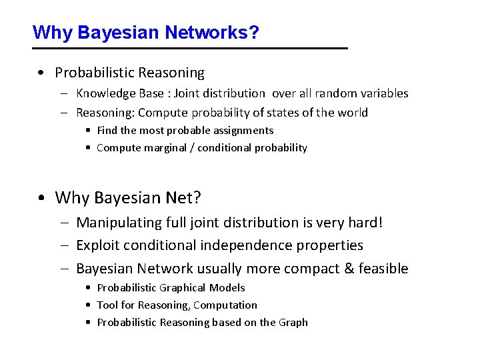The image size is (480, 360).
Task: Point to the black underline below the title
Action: point(190,49)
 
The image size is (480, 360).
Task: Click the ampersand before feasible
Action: point(349,269)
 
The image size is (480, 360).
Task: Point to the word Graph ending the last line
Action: point(293,323)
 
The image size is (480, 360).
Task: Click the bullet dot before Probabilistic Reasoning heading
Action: point(41,73)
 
